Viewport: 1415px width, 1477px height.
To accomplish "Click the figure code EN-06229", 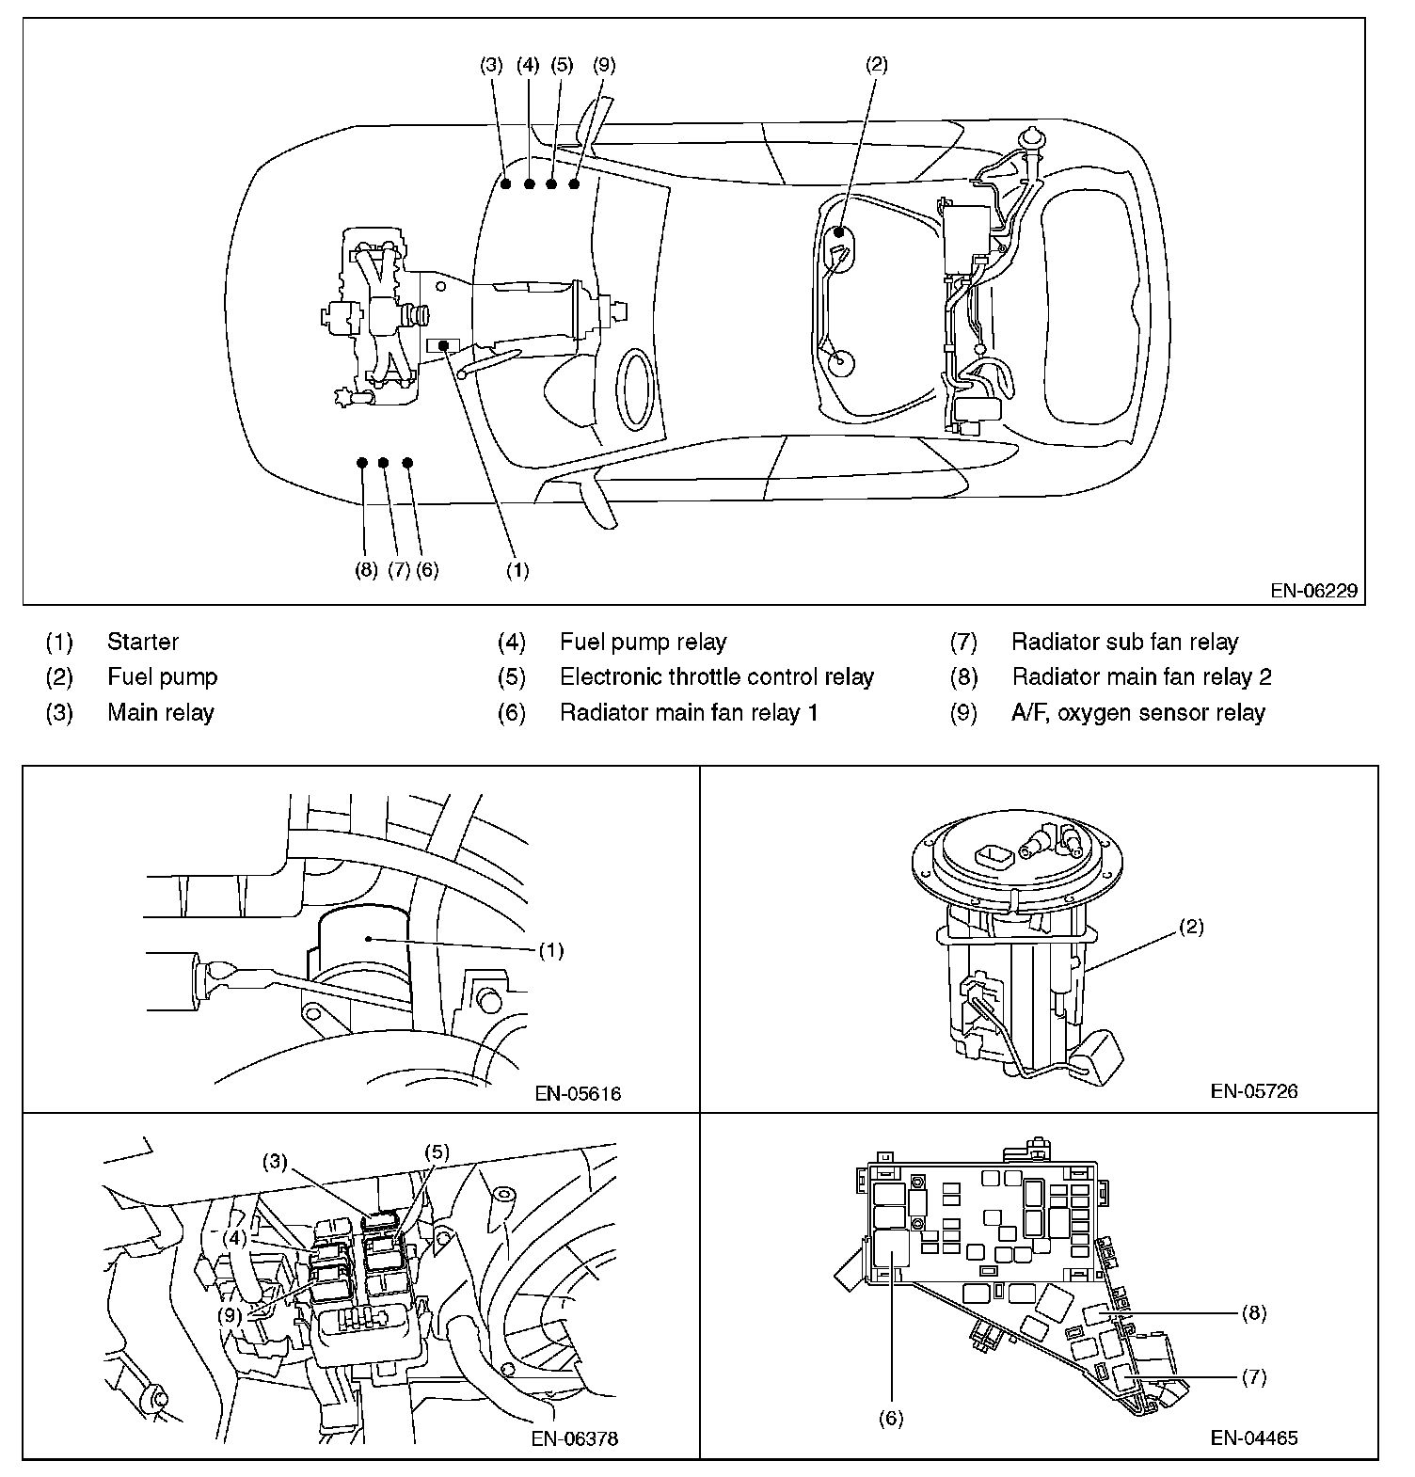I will click(1313, 592).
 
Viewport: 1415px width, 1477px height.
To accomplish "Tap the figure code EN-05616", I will click(578, 1094).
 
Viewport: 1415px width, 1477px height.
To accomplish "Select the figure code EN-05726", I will click(1254, 1091).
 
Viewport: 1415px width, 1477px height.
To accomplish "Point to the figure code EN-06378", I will click(575, 1438).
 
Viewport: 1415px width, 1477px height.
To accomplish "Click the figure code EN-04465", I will click(1254, 1437).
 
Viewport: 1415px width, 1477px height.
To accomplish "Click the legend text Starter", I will click(143, 643).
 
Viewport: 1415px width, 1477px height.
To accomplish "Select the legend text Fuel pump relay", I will click(643, 643).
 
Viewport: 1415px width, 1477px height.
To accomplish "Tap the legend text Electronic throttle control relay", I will click(717, 677).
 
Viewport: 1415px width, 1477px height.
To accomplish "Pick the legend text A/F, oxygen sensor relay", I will click(1137, 713).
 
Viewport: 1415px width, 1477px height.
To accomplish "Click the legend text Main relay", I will click(161, 713).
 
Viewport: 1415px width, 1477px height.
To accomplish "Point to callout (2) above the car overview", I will click(876, 65).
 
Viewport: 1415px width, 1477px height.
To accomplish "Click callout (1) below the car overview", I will click(517, 570).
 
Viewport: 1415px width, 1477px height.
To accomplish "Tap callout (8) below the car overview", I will click(367, 570).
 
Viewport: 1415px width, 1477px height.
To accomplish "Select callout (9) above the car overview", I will click(605, 65).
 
